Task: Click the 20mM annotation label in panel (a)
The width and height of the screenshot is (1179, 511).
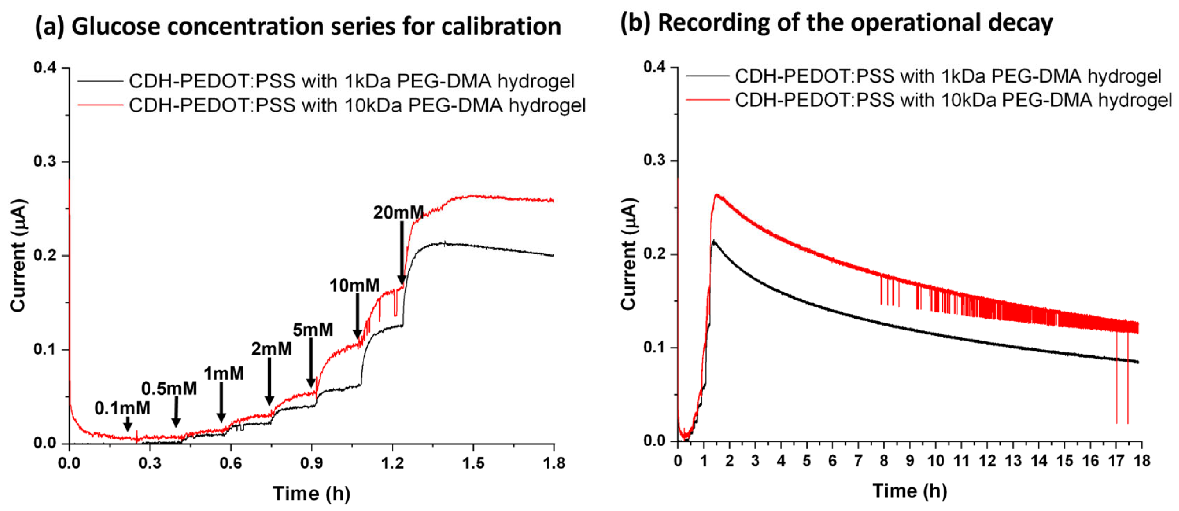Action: click(x=398, y=213)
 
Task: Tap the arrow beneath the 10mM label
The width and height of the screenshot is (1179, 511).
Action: click(x=357, y=316)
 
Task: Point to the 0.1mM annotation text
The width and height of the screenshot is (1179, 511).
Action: click(x=122, y=408)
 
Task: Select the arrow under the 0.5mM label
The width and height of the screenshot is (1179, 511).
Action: click(x=176, y=412)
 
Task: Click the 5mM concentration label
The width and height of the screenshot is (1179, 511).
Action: click(x=313, y=329)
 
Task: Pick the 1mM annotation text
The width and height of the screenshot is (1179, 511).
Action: click(x=224, y=374)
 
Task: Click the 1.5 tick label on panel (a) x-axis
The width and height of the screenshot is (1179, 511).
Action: click(x=473, y=463)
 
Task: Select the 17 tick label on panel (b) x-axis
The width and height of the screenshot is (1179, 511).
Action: click(x=1116, y=461)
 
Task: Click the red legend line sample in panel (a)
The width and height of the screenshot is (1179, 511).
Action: click(x=100, y=105)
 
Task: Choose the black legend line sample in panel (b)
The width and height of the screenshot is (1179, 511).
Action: click(x=707, y=76)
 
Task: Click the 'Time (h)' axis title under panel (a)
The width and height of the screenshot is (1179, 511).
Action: click(x=311, y=494)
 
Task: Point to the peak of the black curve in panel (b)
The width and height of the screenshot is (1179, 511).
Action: click(x=714, y=241)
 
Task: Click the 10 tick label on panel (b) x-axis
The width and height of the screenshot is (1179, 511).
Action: click(x=936, y=461)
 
